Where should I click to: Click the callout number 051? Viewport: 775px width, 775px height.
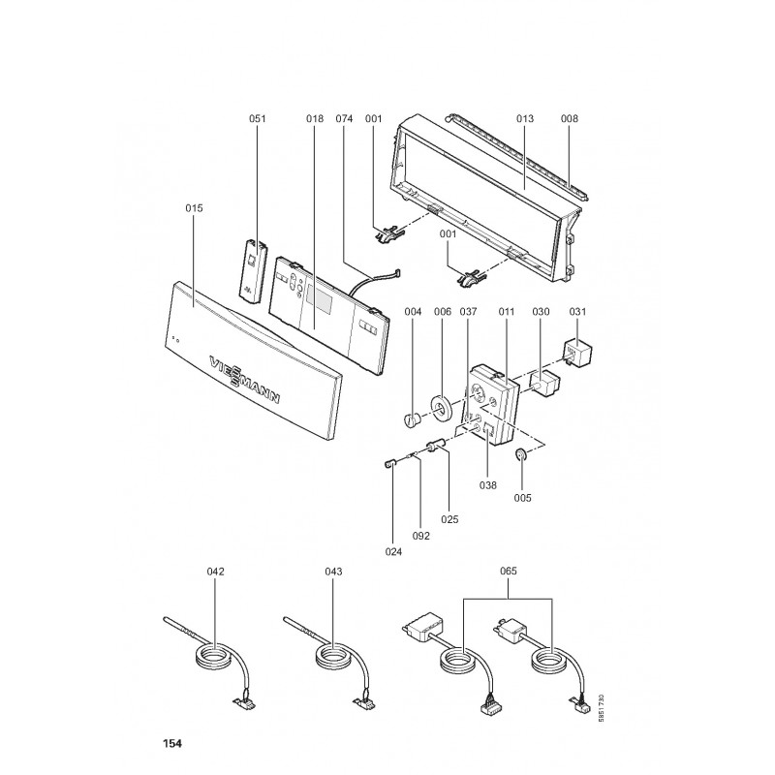click(258, 118)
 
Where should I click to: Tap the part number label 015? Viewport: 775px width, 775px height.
click(194, 208)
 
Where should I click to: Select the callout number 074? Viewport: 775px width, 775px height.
click(344, 118)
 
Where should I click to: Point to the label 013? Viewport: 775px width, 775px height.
click(525, 118)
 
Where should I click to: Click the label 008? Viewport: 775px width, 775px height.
click(570, 118)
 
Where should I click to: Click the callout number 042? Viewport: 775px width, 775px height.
click(215, 572)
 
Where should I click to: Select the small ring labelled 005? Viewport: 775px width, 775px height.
click(521, 454)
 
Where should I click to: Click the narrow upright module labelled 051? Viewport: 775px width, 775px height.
click(254, 270)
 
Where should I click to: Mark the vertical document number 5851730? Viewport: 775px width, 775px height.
click(602, 710)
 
